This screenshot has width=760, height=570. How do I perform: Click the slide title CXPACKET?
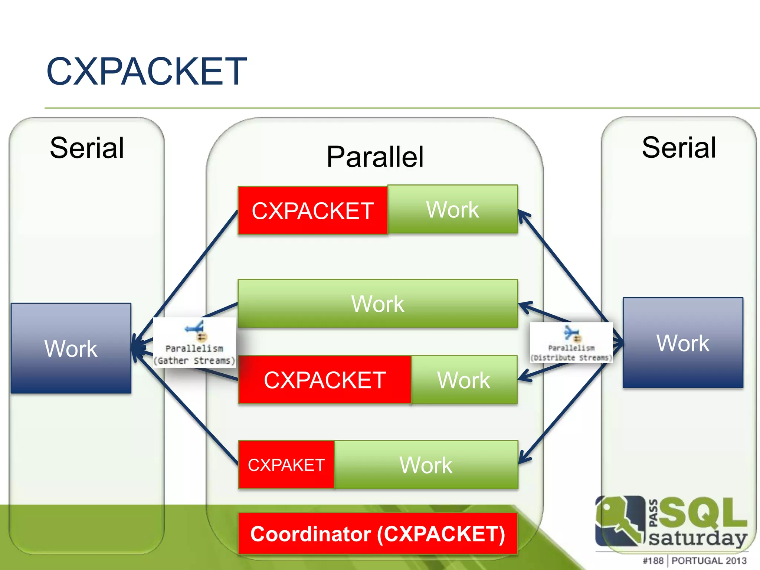click(146, 71)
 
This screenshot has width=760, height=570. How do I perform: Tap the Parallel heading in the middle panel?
click(375, 157)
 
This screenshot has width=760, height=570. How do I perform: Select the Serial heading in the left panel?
click(87, 148)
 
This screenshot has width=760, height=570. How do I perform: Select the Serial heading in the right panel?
click(679, 147)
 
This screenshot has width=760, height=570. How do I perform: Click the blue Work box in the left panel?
click(71, 348)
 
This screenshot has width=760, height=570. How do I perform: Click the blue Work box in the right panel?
click(683, 343)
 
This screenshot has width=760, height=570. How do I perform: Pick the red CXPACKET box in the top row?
click(312, 211)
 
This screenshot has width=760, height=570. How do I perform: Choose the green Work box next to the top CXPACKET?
click(452, 209)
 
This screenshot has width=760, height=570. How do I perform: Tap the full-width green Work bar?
click(377, 304)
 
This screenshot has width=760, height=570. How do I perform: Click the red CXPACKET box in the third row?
click(325, 380)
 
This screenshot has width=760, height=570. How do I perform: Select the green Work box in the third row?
click(464, 380)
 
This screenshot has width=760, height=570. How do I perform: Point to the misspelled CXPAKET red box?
click(286, 465)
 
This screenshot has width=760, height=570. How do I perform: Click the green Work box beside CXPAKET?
click(426, 465)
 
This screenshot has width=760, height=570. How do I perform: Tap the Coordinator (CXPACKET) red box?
click(377, 534)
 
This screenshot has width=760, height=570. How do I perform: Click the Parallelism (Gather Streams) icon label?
click(194, 354)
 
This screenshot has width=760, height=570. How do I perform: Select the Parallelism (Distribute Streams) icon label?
click(571, 353)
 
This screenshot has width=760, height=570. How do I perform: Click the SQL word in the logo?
click(701, 513)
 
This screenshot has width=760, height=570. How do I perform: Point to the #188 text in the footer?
click(653, 561)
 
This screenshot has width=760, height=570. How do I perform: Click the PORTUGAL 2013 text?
click(709, 561)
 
